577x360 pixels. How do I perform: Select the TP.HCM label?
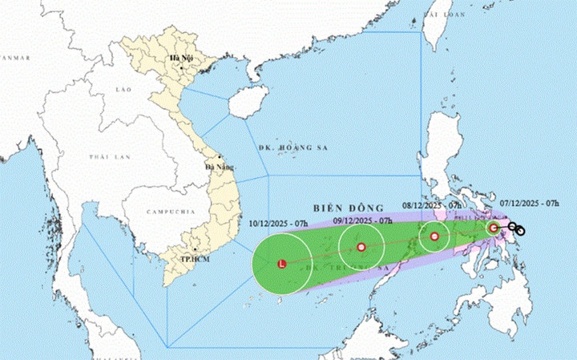coord(190,261)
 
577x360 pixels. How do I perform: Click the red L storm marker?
coord(281,263)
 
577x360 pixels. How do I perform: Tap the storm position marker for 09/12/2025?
coord(361,247)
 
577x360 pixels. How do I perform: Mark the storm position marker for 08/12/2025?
coord(435,237)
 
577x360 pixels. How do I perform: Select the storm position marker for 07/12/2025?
coord(494,229)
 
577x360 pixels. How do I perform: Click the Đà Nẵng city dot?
coord(219,157)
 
